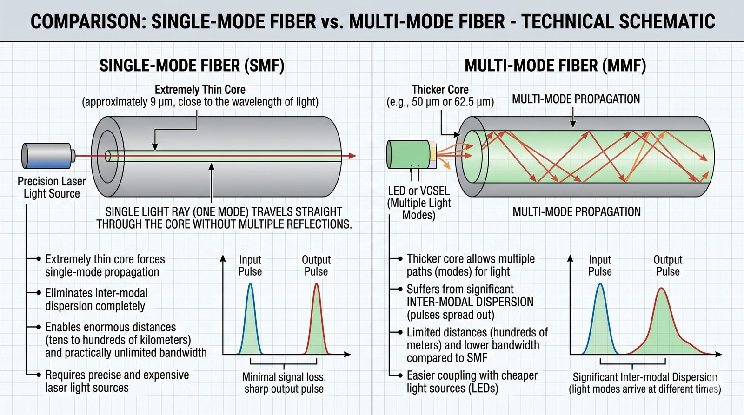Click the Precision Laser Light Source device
pos(47,156)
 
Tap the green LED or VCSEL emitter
pos(408,154)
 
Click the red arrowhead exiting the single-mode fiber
pos(352,156)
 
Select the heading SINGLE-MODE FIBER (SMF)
pos(192,66)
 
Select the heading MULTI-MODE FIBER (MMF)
pos(555,66)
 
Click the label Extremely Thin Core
pos(200,90)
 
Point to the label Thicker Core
pos(440,90)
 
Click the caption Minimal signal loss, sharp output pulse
pos(284,383)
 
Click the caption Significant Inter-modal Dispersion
pos(644,377)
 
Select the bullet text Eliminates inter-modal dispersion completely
pos(96,300)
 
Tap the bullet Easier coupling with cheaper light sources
pos(472,382)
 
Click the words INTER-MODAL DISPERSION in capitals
pos(470,302)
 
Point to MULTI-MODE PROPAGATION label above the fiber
pos(576,99)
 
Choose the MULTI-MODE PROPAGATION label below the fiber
pos(576,212)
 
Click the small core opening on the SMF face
pos(108,156)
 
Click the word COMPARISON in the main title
pos(87,22)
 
